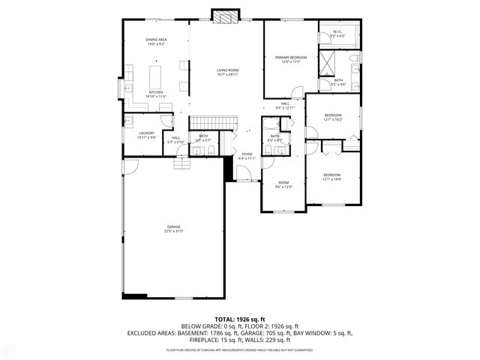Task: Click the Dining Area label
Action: (x=156, y=41)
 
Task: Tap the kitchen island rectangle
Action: (x=157, y=76)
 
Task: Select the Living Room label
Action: (x=227, y=71)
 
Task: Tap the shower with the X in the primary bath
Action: (x=328, y=64)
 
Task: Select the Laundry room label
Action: (x=146, y=134)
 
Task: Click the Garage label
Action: (x=173, y=228)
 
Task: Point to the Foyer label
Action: (x=247, y=155)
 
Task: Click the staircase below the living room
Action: (x=212, y=123)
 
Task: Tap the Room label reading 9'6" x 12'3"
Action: (x=283, y=184)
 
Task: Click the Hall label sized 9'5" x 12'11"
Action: (x=285, y=106)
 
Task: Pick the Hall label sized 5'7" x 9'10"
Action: (x=175, y=139)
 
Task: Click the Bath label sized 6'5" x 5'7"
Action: (x=203, y=138)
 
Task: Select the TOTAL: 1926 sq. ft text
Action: (x=239, y=319)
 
